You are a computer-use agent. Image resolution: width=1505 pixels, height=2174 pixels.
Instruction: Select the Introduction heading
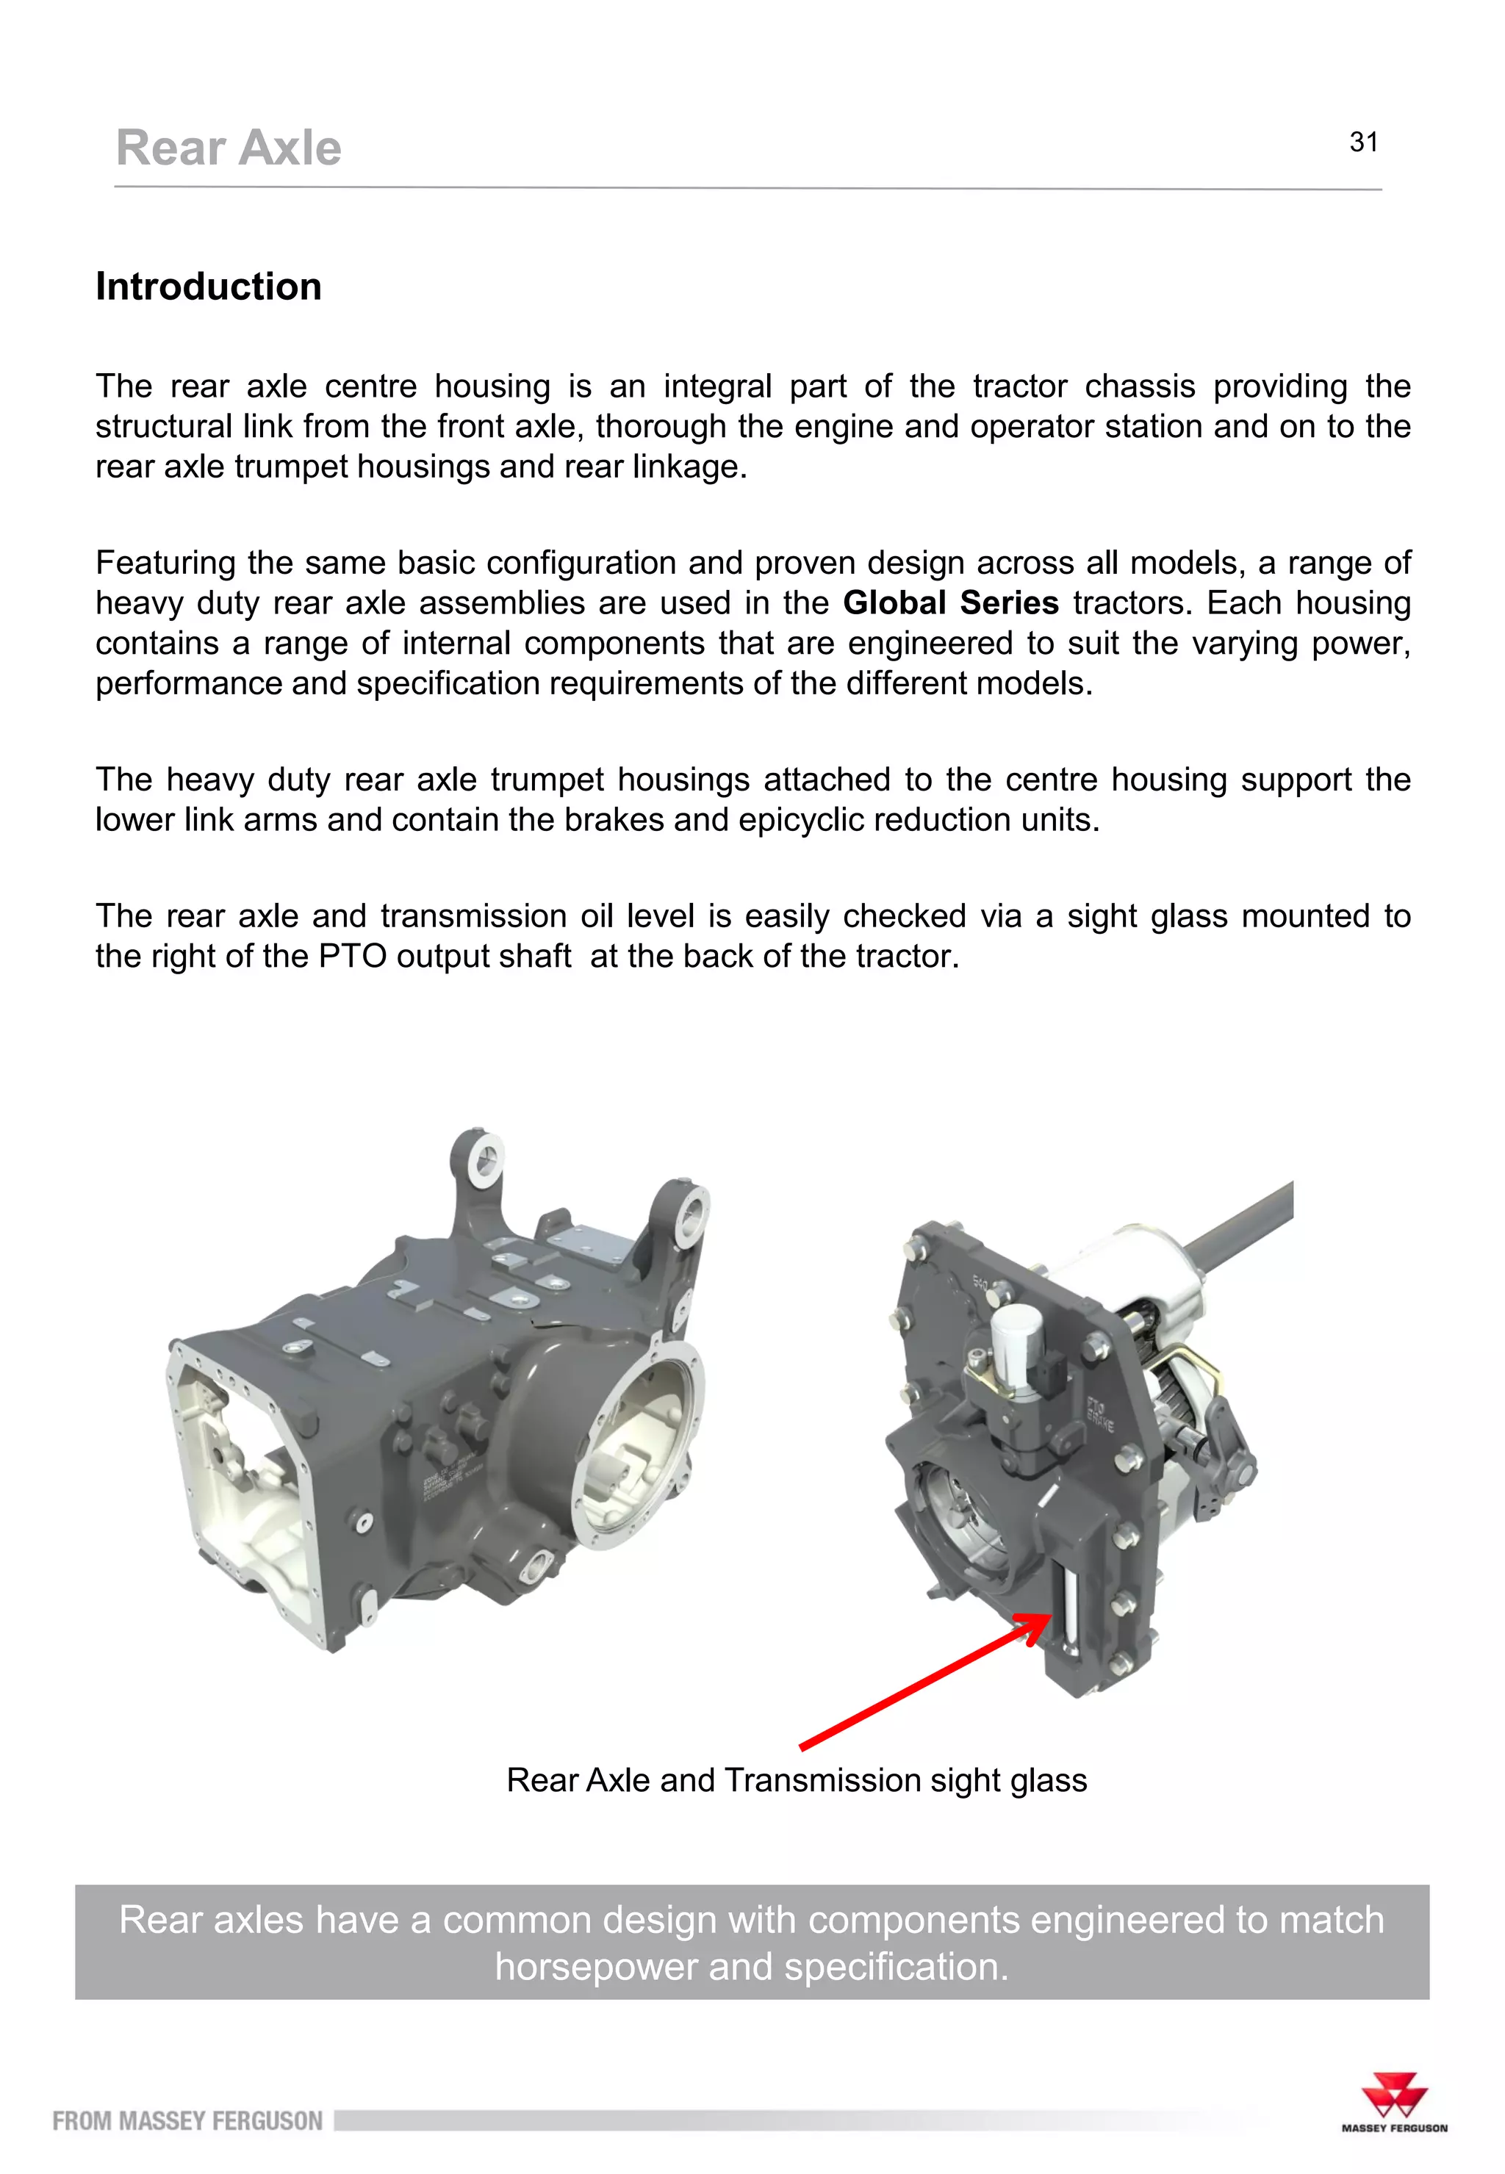pyautogui.click(x=209, y=287)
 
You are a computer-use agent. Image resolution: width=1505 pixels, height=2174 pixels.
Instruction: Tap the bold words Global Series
pyautogui.click(x=949, y=602)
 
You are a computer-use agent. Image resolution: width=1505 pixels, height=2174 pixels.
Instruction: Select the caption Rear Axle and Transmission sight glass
pyautogui.click(x=797, y=1780)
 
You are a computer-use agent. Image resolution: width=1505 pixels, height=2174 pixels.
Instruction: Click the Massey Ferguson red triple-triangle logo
pyautogui.click(x=1394, y=2097)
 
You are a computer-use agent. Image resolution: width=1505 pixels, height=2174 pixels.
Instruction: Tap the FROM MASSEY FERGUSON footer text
pyautogui.click(x=187, y=2121)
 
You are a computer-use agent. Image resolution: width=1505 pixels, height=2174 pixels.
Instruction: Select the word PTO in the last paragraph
pyautogui.click(x=352, y=956)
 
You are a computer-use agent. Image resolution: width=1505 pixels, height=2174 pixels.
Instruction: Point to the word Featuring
pyautogui.click(x=165, y=563)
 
